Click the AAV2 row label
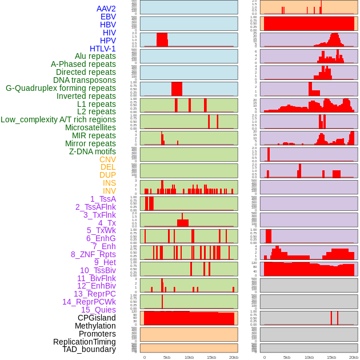[x=106, y=9]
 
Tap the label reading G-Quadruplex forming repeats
[x=61, y=88]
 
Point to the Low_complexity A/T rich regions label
[x=58, y=119]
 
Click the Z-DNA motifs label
[x=93, y=151]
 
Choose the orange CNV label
[x=107, y=159]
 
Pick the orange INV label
[x=109, y=191]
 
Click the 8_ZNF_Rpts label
[x=93, y=254]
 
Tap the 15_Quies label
[x=98, y=310]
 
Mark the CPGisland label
[x=97, y=318]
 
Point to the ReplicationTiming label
[x=85, y=342]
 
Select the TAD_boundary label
[x=89, y=349]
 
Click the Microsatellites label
[x=90, y=127]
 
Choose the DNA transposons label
[x=85, y=80]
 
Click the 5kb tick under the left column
[x=167, y=357]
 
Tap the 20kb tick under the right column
[x=354, y=357]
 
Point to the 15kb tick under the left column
[x=211, y=357]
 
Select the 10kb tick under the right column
[x=309, y=357]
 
